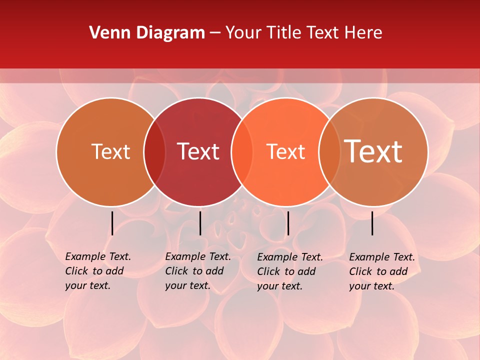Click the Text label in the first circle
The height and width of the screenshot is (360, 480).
click(110, 151)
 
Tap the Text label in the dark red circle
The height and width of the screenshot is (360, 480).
click(198, 151)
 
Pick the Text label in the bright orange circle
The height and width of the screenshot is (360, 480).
click(285, 151)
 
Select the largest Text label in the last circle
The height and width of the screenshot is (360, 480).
click(373, 151)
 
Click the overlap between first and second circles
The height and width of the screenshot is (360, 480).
click(154, 152)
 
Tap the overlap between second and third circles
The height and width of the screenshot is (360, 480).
click(242, 152)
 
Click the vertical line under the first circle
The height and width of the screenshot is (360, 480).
click(112, 223)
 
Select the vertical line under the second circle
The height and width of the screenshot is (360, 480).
click(200, 223)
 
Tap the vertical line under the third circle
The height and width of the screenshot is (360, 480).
click(288, 223)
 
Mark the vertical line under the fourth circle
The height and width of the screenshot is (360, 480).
click(372, 223)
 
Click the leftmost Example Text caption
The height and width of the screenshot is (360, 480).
click(97, 271)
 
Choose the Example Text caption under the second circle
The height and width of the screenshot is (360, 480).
click(197, 271)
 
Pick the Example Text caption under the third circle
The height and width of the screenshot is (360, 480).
click(289, 271)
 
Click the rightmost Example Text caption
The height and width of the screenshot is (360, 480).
click(381, 271)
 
